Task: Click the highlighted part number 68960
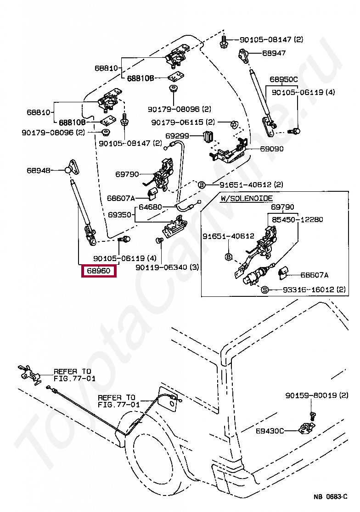(99, 271)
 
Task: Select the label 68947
(274, 53)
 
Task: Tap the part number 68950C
(283, 79)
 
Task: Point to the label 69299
(177, 136)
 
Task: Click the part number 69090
(272, 149)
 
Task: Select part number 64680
(150, 207)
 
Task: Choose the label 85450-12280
(297, 220)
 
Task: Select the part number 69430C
(270, 431)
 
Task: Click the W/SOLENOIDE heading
(246, 198)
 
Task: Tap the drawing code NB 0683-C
(330, 497)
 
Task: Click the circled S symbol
(264, 289)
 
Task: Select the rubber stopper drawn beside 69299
(207, 136)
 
